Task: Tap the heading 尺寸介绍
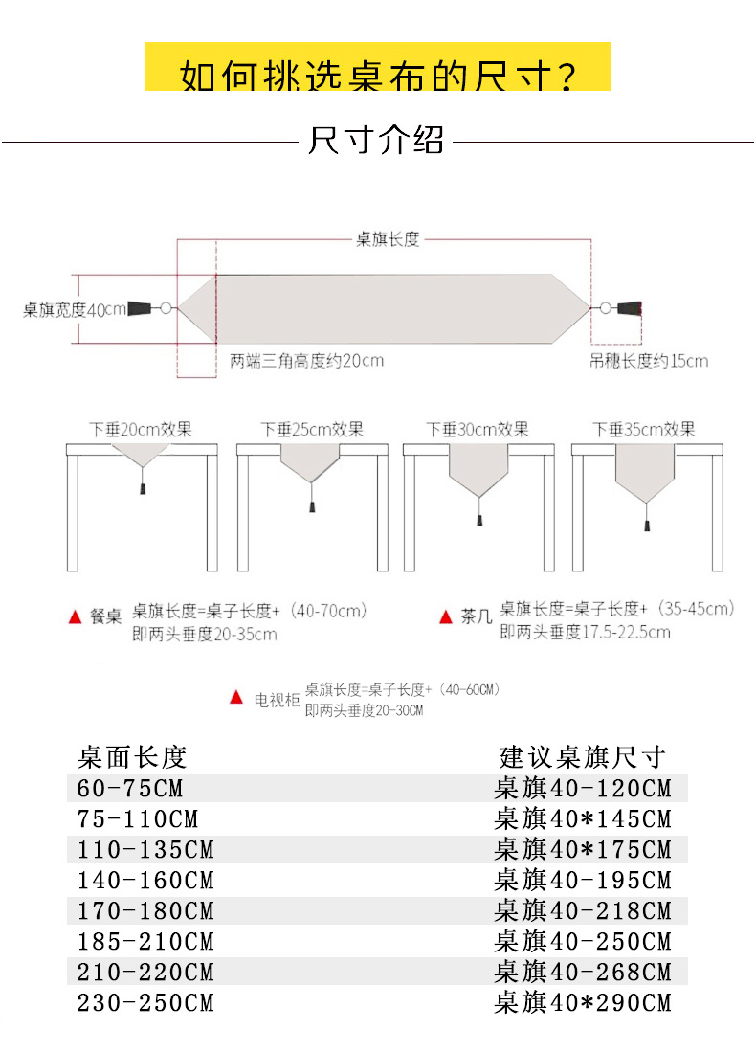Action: pyautogui.click(x=376, y=141)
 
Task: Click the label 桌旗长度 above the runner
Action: pyautogui.click(x=388, y=239)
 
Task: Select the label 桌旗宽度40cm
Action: pyautogui.click(x=75, y=309)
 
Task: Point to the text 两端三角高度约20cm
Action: pyautogui.click(x=306, y=361)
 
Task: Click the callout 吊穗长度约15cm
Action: pyautogui.click(x=649, y=361)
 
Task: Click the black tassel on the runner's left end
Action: pyautogui.click(x=140, y=308)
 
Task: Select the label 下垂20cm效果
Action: pyautogui.click(x=141, y=429)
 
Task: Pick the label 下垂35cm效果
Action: pyautogui.click(x=643, y=429)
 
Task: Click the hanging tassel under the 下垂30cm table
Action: pyautogui.click(x=478, y=521)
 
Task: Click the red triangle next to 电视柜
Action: pyautogui.click(x=236, y=698)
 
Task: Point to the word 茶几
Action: pyautogui.click(x=476, y=617)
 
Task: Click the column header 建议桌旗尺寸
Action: pyautogui.click(x=582, y=757)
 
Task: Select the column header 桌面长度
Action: pyautogui.click(x=131, y=757)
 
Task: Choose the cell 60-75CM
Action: pyautogui.click(x=130, y=789)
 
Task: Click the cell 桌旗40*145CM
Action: pyautogui.click(x=583, y=819)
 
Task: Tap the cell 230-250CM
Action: pyautogui.click(x=145, y=1003)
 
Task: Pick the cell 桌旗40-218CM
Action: pyautogui.click(x=583, y=911)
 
